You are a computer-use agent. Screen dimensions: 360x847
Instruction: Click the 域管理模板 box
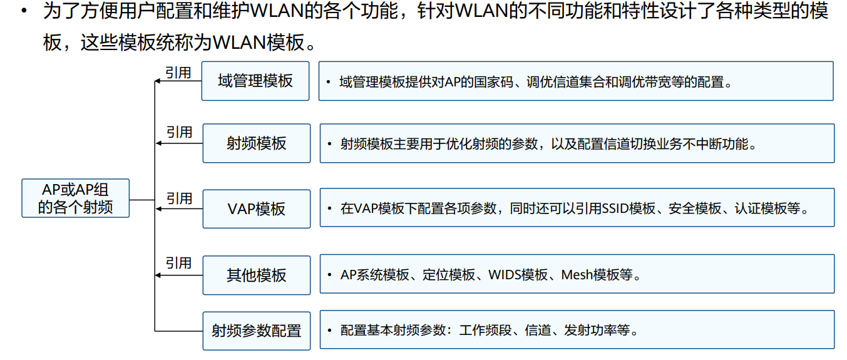[x=255, y=81]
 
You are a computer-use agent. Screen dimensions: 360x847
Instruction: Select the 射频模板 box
[x=256, y=143]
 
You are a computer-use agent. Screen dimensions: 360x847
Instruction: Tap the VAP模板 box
[x=256, y=208]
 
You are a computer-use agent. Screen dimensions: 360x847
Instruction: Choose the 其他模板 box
[x=256, y=275]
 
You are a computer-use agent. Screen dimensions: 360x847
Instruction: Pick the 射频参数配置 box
[x=256, y=331]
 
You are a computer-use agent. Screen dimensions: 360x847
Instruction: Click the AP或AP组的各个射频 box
[x=75, y=198]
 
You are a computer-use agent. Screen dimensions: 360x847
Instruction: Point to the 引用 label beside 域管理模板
[x=178, y=73]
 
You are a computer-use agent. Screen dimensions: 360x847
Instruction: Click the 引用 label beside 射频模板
[x=179, y=133]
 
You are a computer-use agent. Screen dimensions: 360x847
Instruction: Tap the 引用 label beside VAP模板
[x=179, y=198]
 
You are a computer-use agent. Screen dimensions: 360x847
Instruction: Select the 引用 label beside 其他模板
[x=178, y=264]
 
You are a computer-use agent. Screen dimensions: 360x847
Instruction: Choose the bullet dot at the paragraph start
[x=23, y=11]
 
